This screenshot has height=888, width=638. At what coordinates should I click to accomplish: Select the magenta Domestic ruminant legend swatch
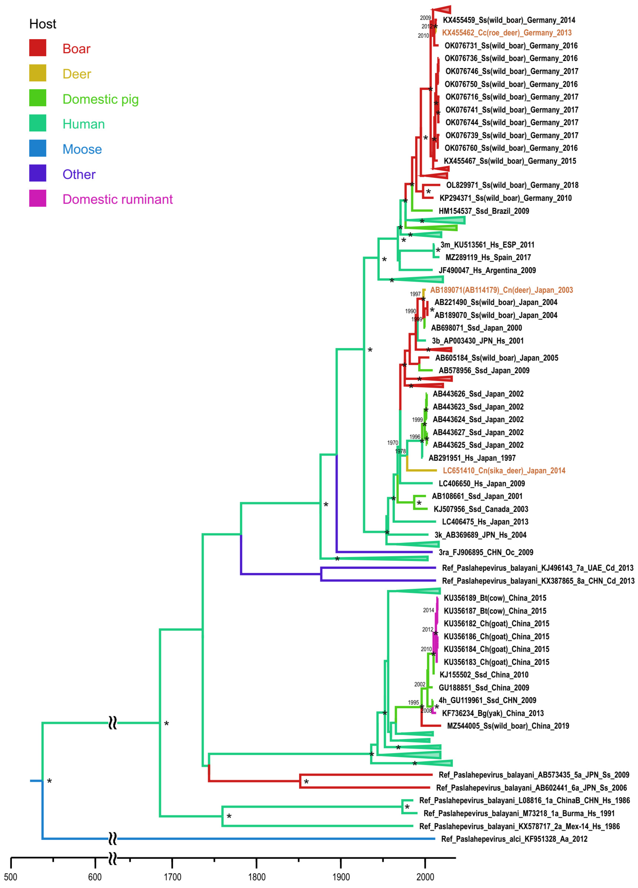click(38, 199)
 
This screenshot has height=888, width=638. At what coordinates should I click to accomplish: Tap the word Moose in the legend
click(82, 149)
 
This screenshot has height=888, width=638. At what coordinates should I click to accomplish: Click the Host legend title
click(43, 24)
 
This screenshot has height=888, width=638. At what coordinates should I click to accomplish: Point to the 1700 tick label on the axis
click(172, 877)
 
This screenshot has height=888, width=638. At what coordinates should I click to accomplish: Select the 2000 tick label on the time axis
click(425, 877)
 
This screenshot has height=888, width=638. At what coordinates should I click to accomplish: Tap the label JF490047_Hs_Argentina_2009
click(487, 270)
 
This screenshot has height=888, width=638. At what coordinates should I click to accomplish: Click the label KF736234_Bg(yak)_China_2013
click(492, 713)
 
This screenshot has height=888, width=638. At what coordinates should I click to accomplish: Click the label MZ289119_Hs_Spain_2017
click(488, 257)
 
